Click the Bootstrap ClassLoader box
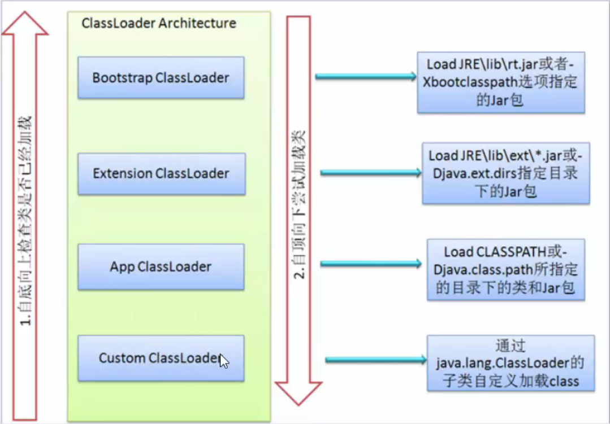point(161,77)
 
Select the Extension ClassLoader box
point(162,173)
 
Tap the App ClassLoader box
point(161,266)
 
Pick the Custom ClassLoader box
point(161,358)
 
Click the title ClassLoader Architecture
point(159,23)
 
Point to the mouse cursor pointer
point(224,361)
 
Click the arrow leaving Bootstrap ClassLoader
point(366,77)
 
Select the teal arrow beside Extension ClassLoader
point(371,173)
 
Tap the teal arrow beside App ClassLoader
point(371,264)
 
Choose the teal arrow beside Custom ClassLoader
point(376,360)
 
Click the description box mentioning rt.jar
point(501,82)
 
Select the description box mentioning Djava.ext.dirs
point(506,173)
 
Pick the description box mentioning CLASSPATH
point(506,270)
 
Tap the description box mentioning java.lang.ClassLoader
point(511,363)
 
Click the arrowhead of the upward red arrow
point(25,23)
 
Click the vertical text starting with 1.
point(25,221)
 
